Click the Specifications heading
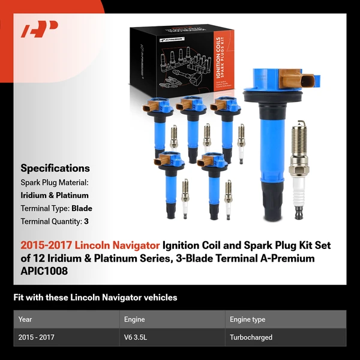point(55,168)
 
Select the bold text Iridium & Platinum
point(55,195)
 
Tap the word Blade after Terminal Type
point(82,209)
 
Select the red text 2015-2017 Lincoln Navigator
point(90,245)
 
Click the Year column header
point(25,319)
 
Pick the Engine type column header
point(247,319)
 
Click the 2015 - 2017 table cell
point(37,337)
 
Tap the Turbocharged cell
point(251,337)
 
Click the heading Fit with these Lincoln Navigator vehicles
point(95,298)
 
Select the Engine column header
point(134,319)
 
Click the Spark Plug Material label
point(55,182)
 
